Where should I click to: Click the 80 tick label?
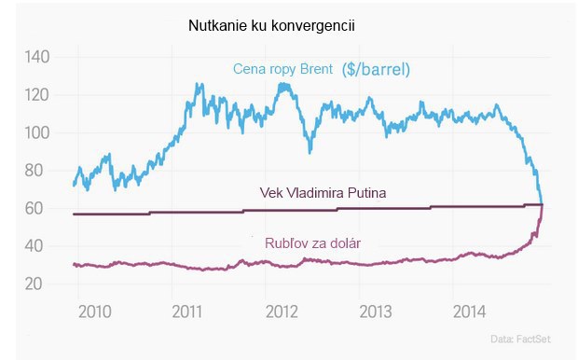[35, 171]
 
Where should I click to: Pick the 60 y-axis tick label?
[35, 208]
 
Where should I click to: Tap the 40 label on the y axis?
[35, 246]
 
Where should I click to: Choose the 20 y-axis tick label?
[35, 284]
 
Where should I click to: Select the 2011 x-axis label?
[188, 310]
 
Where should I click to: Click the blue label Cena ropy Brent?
[283, 67]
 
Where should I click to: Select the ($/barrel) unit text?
[377, 68]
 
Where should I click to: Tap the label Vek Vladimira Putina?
[323, 193]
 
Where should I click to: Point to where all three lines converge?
[543, 204]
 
